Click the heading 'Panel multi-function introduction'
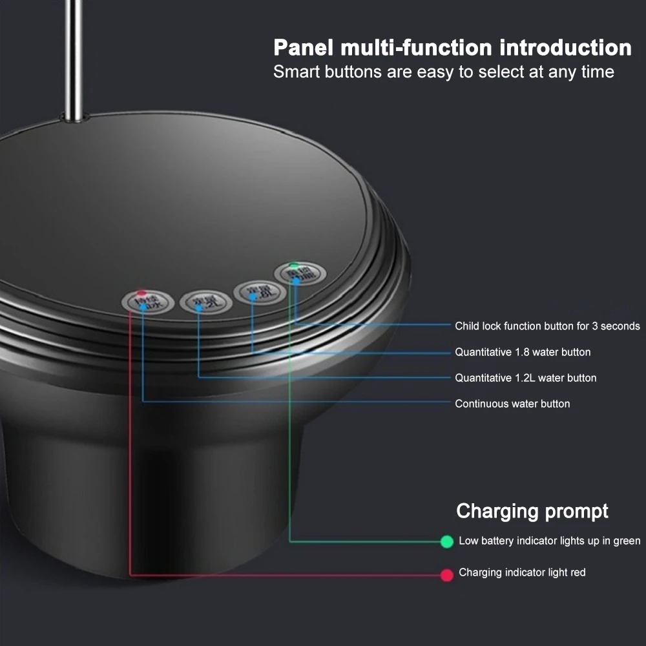point(452,48)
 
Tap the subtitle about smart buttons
point(443,72)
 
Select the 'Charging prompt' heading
point(532,511)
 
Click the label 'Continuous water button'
point(512,404)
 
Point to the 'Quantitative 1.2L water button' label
point(525,378)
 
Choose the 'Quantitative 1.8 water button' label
point(523,352)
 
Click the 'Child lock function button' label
point(547,326)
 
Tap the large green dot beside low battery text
point(446,541)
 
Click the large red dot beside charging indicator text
point(446,574)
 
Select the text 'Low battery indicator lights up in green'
point(549,541)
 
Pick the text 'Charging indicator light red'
point(522,572)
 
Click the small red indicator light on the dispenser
point(141,293)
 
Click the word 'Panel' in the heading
point(302,48)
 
